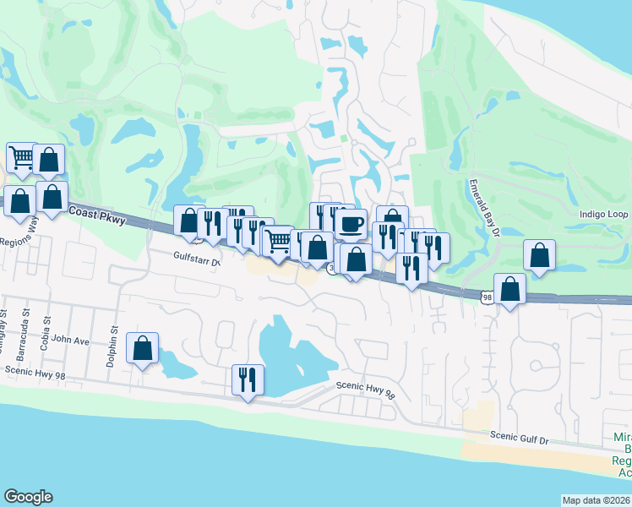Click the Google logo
click(x=29, y=497)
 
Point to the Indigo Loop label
click(x=602, y=215)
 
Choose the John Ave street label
click(x=70, y=341)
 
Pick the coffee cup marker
click(x=351, y=225)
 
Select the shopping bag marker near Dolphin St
click(x=142, y=347)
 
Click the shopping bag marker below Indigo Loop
click(x=539, y=255)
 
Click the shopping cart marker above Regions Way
click(x=22, y=157)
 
